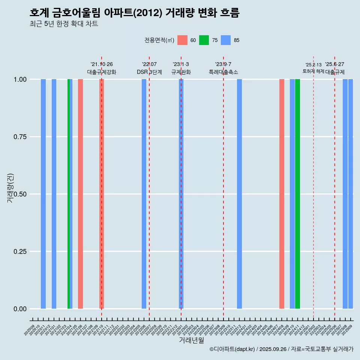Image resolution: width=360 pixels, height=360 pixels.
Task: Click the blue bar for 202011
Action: [43, 194]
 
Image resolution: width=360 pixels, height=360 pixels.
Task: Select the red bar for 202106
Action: [80, 194]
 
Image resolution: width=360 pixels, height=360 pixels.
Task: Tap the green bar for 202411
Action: [297, 194]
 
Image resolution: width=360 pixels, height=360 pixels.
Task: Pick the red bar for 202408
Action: [282, 194]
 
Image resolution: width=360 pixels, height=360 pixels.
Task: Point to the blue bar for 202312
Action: [239, 194]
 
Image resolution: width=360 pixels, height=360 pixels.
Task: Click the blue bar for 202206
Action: [144, 194]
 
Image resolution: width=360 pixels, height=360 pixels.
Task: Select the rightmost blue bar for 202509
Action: [351, 194]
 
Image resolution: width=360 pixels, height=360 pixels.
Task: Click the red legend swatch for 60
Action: [182, 40]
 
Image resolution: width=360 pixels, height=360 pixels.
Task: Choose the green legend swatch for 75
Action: [204, 40]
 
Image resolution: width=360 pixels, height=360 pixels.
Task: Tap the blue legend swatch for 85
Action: [226, 40]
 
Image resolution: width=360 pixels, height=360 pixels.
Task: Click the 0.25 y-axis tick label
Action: [20, 252]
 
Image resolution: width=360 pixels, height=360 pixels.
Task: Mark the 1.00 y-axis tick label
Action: [20, 79]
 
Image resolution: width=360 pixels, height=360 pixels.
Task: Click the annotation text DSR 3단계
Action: [149, 72]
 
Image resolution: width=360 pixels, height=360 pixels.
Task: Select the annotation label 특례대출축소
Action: [223, 72]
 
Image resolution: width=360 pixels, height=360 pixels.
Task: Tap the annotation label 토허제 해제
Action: [313, 71]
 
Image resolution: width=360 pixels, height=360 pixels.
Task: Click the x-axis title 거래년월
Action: [192, 340]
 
